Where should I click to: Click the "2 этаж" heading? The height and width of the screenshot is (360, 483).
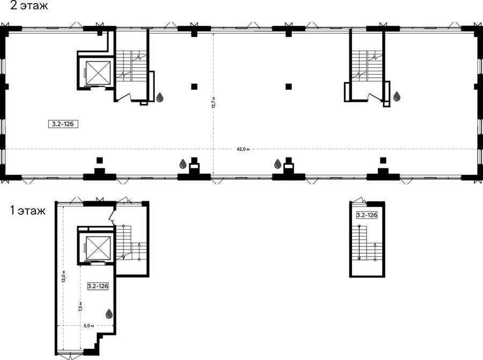[30, 5]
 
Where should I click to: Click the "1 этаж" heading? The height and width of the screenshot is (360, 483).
[28, 211]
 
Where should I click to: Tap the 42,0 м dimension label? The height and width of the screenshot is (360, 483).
[243, 149]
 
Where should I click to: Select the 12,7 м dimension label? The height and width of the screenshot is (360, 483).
[213, 102]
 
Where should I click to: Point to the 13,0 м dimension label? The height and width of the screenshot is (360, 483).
[63, 276]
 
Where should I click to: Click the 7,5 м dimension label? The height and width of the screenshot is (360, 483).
[80, 307]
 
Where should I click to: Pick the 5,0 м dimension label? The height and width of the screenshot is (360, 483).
[89, 326]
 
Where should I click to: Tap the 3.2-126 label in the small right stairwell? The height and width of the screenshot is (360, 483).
[367, 215]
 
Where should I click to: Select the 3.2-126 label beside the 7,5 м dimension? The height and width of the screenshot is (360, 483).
[98, 286]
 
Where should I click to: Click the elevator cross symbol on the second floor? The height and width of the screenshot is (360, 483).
[98, 72]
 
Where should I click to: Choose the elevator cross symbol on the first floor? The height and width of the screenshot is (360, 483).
[98, 248]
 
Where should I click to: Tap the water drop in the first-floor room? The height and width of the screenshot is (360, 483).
[109, 314]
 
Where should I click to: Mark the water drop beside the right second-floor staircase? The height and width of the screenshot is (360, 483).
[397, 96]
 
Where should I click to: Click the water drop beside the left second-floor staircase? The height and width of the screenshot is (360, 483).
[159, 97]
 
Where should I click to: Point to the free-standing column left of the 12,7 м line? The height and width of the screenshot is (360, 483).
[194, 86]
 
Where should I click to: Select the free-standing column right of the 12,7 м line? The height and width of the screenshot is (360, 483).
[289, 86]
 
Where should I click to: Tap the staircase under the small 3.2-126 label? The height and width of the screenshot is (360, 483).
[367, 243]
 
